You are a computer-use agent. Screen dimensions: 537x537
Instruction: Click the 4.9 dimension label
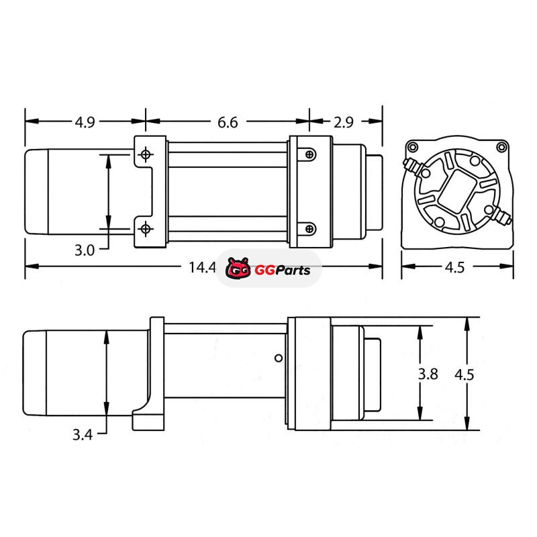85,122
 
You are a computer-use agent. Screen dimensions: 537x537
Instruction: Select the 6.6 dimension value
228,122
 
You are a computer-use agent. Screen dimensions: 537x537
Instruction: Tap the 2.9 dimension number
344,122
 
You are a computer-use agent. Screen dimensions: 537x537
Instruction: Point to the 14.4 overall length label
203,267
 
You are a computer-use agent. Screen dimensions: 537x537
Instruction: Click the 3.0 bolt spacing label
85,250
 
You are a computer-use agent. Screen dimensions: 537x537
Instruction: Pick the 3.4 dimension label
83,434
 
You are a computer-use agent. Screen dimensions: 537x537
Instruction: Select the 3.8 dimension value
428,374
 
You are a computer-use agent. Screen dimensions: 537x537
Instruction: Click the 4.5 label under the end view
455,267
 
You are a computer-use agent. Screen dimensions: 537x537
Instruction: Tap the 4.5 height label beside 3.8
465,375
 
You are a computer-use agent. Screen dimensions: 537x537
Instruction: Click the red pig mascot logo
238,268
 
